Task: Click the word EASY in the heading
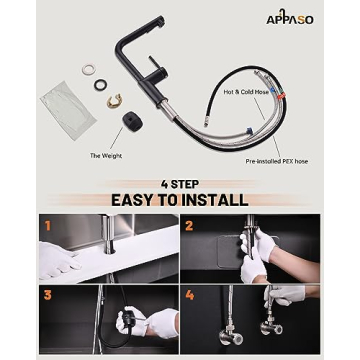point(142,199)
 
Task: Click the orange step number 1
point(46,225)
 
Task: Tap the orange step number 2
point(188,225)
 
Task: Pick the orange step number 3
point(46,297)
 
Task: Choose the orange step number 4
point(188,297)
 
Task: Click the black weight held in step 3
point(126,322)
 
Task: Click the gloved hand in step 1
point(58,260)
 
